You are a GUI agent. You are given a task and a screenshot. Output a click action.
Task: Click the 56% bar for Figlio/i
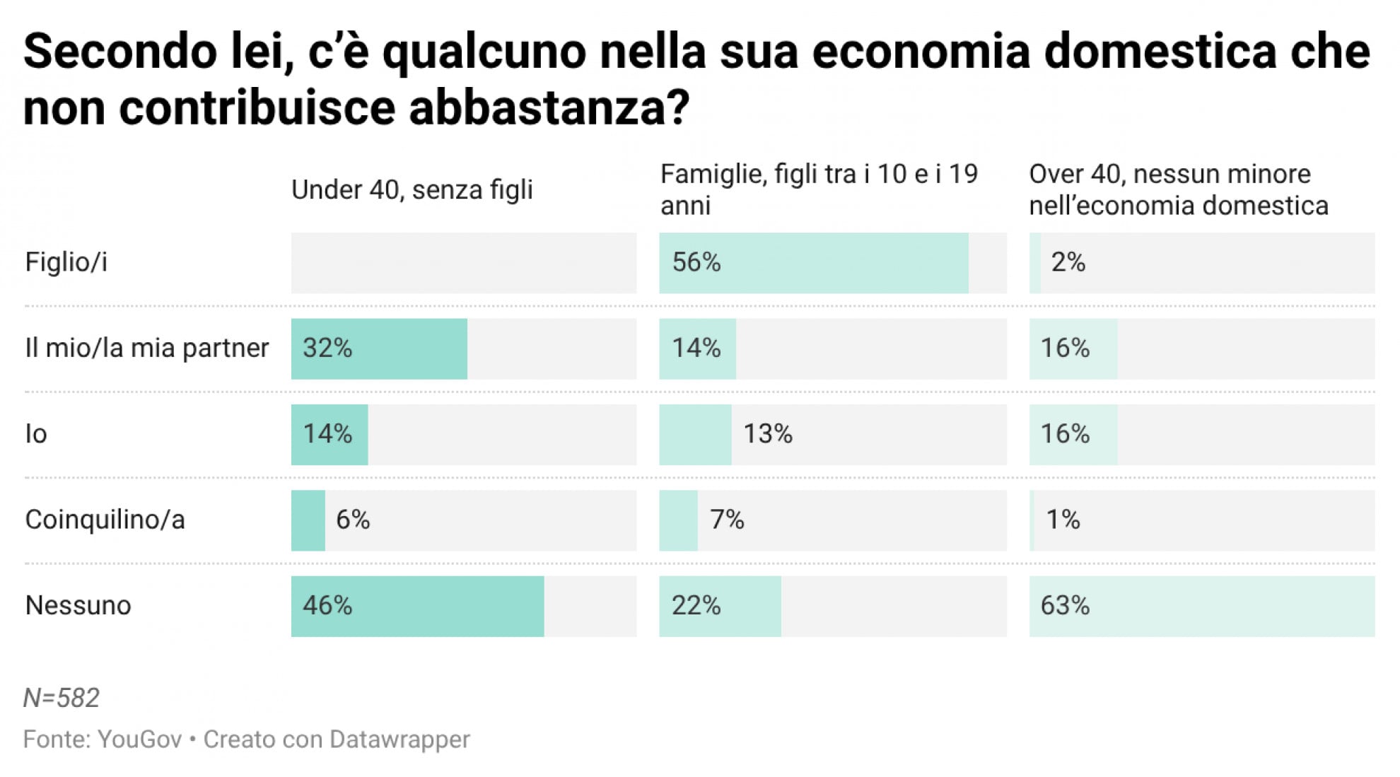coord(813,263)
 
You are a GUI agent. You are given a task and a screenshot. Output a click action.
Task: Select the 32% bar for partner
coord(379,349)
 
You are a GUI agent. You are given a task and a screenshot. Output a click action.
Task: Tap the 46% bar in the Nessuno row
coord(417,606)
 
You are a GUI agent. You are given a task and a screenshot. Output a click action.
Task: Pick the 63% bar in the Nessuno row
coord(1201,606)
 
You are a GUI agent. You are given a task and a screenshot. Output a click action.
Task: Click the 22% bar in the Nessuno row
coord(720,606)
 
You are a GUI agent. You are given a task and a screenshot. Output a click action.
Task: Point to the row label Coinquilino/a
coord(105,520)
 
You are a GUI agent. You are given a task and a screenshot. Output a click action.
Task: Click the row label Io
coord(36,433)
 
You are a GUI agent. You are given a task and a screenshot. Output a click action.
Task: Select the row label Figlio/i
coord(66,262)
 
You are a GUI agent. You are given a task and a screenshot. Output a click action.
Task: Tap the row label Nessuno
coord(78,606)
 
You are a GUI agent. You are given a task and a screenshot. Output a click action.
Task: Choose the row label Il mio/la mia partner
coord(147,348)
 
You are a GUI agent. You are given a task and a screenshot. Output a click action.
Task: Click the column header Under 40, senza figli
coord(412,189)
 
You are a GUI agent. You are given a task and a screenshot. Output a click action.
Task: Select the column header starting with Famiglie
coord(818,189)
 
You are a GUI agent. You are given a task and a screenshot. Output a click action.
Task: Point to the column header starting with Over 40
coord(1178,189)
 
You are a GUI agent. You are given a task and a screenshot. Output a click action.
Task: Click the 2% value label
coord(1068,262)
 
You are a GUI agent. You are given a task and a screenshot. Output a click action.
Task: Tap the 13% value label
coord(767,433)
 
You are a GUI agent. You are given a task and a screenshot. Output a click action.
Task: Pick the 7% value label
coord(727,520)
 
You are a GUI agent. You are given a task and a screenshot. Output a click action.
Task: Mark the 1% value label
coord(1063,520)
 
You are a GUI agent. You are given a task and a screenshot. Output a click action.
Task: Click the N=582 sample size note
coord(62,698)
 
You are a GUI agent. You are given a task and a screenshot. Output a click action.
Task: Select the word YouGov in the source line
coord(139,739)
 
